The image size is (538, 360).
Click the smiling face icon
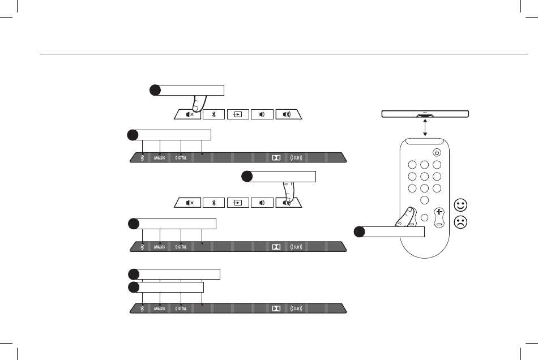coord(460,204)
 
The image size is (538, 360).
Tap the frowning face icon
coord(460,222)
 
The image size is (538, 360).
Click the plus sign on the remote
coord(439,212)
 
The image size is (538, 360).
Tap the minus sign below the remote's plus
coord(439,224)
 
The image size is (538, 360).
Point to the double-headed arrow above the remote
coord(425,128)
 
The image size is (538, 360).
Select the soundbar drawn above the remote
coord(425,114)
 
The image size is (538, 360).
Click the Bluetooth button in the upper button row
coord(214,114)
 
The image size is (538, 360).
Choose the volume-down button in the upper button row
coord(262,114)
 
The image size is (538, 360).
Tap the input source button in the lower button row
coord(238,202)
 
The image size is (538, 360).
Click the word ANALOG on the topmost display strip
coord(159,158)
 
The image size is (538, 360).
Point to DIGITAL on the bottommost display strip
coord(181,308)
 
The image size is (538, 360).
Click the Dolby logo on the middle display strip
coord(276,246)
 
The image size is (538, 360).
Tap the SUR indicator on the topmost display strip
coord(297,158)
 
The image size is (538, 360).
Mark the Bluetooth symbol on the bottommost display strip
coord(142,308)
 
